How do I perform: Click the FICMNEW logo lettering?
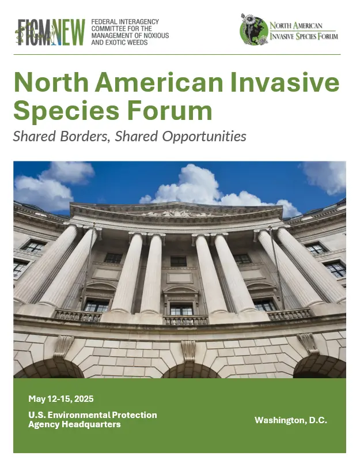(x=50, y=32)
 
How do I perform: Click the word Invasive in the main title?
(x=285, y=82)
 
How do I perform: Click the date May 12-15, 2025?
(x=61, y=399)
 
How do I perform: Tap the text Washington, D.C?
(x=291, y=420)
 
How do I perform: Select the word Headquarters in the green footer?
(x=91, y=424)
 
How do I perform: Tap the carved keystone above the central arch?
(x=188, y=351)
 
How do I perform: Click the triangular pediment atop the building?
(x=176, y=209)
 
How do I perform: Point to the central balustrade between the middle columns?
(x=185, y=321)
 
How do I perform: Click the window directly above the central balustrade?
(x=181, y=310)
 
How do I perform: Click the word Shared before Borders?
(x=35, y=137)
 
